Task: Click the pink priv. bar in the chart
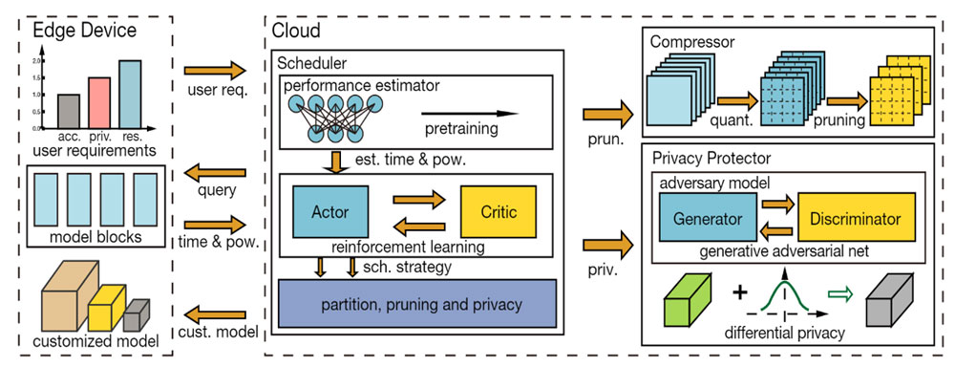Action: point(99,102)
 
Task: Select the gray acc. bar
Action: point(69,112)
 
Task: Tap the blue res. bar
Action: point(130,95)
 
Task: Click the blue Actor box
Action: point(330,211)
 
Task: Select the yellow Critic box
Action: point(499,211)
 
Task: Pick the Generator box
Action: point(708,217)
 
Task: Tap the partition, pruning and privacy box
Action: point(417,304)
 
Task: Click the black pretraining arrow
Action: point(469,114)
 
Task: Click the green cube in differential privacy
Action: point(687,299)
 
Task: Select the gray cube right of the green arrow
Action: point(889,299)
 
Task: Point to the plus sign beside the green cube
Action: point(739,292)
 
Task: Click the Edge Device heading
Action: point(85,30)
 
